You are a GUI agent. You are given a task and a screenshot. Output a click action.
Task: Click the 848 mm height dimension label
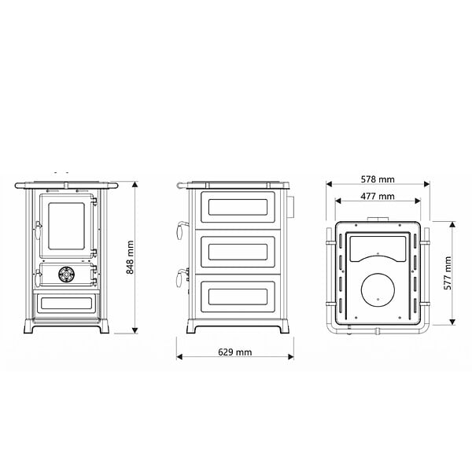[x=130, y=257]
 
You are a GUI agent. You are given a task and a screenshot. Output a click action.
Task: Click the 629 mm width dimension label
[x=234, y=352]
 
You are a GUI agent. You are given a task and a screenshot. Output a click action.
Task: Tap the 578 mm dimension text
[x=378, y=179]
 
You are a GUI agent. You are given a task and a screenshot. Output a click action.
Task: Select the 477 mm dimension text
[x=378, y=196]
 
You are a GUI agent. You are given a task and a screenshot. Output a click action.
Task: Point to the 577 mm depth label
[x=448, y=273]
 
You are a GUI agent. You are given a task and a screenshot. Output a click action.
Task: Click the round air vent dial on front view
[x=65, y=275]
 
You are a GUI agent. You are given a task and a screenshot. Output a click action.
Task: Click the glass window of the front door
[x=66, y=226]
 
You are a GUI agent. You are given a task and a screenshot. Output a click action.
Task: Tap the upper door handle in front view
[x=38, y=230]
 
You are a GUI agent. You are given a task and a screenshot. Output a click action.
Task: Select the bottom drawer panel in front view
[x=66, y=304]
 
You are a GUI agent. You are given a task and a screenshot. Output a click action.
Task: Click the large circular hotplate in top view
[x=378, y=290]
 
